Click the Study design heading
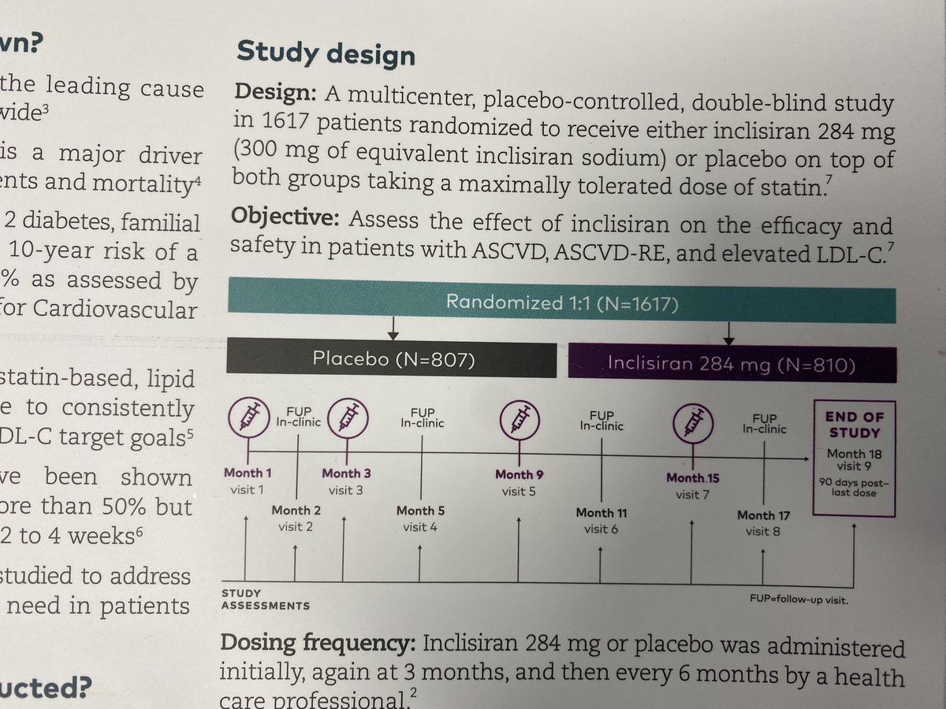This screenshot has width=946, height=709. (x=326, y=55)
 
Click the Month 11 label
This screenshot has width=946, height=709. (x=601, y=514)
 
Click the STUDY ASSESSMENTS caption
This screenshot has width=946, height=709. (x=264, y=599)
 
